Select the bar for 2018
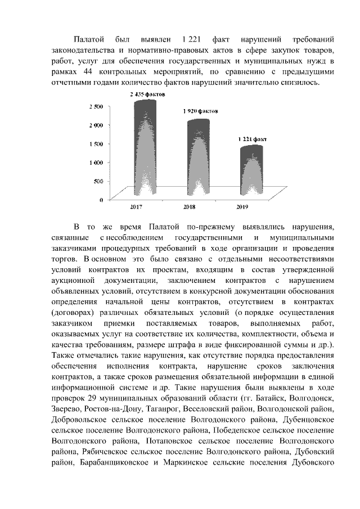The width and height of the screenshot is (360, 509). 199,160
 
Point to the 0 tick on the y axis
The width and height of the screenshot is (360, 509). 101,200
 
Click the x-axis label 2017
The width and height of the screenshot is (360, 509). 136,208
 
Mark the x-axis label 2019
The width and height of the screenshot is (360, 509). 242,208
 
